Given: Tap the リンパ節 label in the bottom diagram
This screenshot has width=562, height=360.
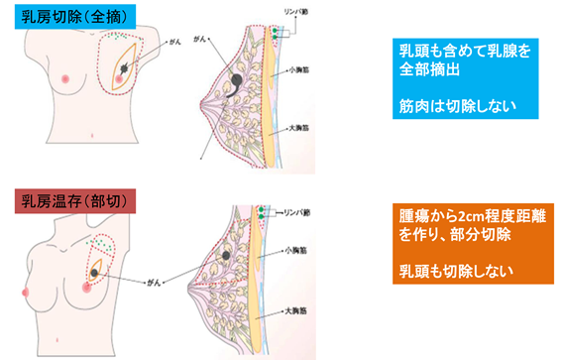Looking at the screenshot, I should click(x=299, y=212).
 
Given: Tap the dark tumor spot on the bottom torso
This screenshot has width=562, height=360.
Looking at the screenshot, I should click(x=95, y=270).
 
